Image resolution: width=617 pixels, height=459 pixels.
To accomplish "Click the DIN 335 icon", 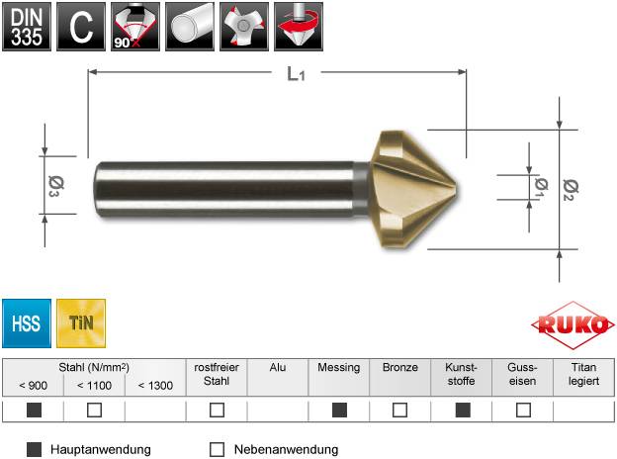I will click(x=26, y=27).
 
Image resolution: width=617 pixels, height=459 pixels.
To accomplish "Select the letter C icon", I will click(x=81, y=27).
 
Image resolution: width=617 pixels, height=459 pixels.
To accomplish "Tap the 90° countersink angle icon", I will click(x=134, y=27).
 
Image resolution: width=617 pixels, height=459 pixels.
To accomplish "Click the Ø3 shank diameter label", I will click(x=53, y=185).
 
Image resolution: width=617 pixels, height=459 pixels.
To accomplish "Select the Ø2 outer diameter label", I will click(x=569, y=188).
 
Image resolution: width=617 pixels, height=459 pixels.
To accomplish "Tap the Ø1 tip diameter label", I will click(x=539, y=185).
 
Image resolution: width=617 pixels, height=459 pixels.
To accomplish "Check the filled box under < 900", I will click(x=34, y=410).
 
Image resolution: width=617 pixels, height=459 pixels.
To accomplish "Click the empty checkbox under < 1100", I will click(x=95, y=410).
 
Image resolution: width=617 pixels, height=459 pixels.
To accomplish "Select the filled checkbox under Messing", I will click(x=339, y=410).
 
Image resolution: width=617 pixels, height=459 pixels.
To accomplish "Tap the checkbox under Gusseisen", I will click(x=523, y=410).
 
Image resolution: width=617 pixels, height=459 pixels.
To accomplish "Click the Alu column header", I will click(x=278, y=367).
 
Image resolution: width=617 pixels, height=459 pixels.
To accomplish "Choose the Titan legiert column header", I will click(x=583, y=374).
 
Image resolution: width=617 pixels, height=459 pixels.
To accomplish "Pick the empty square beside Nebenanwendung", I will click(x=219, y=449).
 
